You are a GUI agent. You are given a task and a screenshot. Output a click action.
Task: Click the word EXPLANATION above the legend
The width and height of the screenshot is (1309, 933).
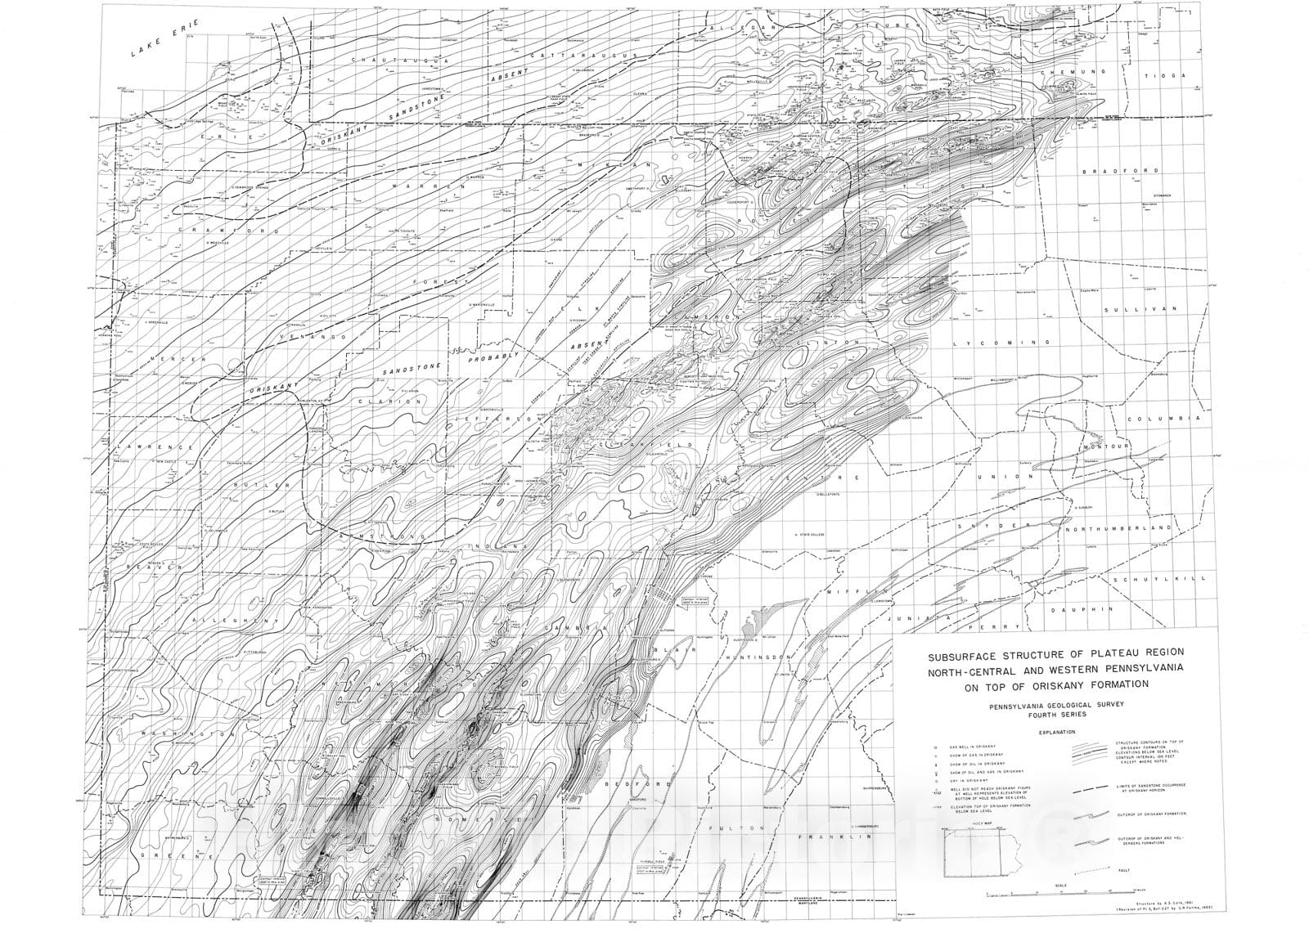click(x=1059, y=733)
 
